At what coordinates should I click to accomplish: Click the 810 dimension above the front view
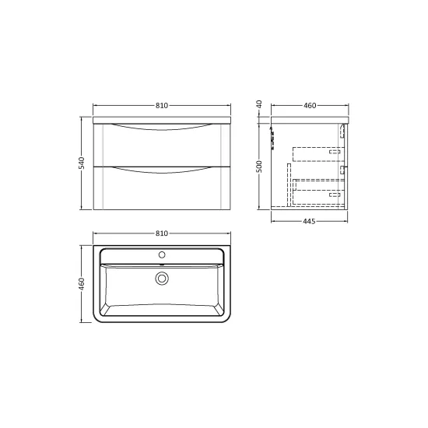tap(162, 105)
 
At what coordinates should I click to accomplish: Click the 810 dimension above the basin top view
tap(162, 233)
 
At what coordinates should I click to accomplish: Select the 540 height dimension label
tap(82, 163)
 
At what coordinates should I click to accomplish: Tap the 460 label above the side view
tap(310, 105)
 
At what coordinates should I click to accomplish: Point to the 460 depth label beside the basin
tap(82, 284)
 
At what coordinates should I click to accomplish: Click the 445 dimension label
tap(309, 221)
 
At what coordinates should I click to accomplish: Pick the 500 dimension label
tap(259, 167)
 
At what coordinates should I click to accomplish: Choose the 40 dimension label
tap(259, 104)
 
